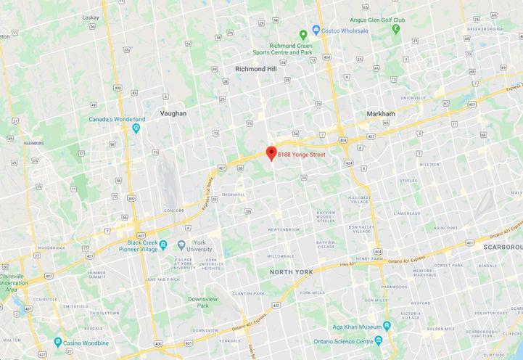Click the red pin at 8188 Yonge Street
point(271,152)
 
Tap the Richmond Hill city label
point(256,69)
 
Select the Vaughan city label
point(173,113)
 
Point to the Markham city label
point(381,114)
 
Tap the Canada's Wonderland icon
point(136,128)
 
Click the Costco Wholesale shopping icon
point(316,30)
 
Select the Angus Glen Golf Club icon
point(395,29)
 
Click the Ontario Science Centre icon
point(378,341)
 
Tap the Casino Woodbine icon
point(57,342)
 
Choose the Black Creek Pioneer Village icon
point(163,245)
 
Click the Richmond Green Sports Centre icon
point(304,35)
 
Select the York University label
point(199,246)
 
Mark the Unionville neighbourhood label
point(412,97)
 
